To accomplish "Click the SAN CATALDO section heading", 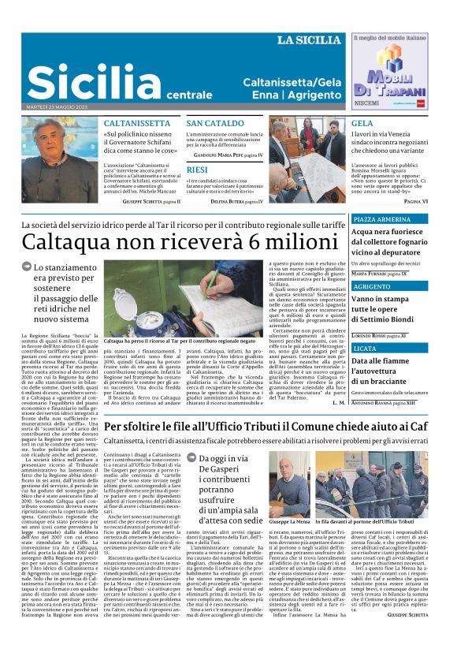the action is (215, 124).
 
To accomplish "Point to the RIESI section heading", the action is (197, 170).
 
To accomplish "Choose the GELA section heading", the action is (362, 124).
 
